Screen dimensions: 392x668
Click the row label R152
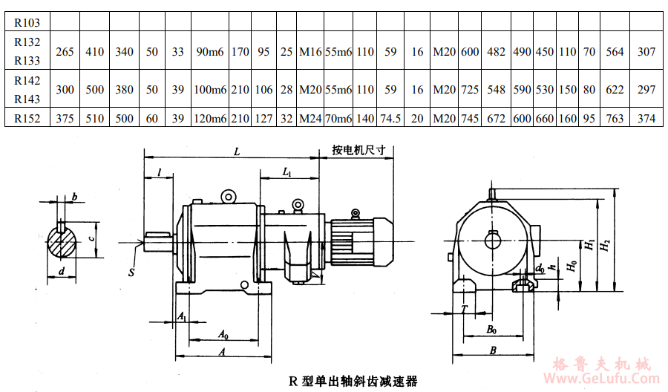pos(27,119)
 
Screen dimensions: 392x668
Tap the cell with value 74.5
pos(390,119)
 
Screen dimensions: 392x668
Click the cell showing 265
pos(65,52)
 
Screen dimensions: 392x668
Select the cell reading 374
pos(646,119)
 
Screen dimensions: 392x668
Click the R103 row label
pos(27,23)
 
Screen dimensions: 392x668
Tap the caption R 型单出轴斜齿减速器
pos(353,382)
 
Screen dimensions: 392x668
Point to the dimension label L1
pos(288,171)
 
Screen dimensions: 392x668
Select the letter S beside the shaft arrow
pos(131,272)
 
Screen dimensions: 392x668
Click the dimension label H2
pos(606,243)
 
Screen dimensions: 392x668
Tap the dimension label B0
pos(491,327)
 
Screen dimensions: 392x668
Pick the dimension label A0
pos(223,333)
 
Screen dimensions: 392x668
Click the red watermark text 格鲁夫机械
pos(601,365)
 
